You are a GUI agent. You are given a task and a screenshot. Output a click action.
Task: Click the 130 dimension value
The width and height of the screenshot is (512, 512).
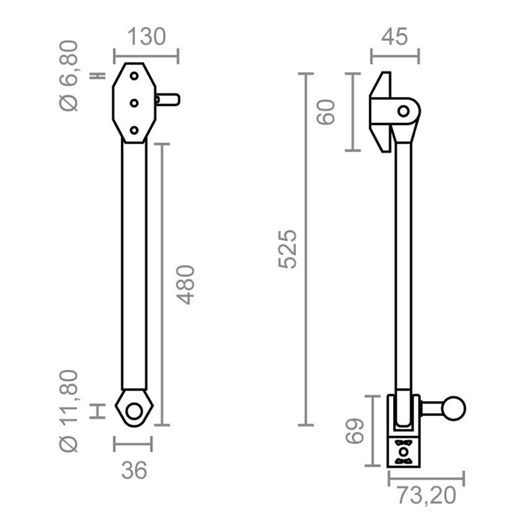146,37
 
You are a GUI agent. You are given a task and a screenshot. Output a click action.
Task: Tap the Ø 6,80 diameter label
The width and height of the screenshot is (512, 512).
69,76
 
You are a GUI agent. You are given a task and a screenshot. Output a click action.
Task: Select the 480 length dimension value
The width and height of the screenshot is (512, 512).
186,285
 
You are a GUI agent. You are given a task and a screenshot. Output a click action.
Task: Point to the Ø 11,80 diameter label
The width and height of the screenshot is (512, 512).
69,410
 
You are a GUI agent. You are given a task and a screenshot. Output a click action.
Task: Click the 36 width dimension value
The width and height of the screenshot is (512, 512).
134,471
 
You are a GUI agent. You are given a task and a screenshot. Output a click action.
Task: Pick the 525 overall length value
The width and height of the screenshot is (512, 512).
288,249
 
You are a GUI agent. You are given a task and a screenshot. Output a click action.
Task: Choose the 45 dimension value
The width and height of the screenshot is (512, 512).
395,37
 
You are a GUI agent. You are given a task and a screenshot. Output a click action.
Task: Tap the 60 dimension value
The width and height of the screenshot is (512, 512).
326,112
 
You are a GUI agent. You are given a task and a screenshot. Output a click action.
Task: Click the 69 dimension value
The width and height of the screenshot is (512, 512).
355,431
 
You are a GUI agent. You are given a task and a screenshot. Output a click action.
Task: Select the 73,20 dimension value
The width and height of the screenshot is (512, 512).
427,495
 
